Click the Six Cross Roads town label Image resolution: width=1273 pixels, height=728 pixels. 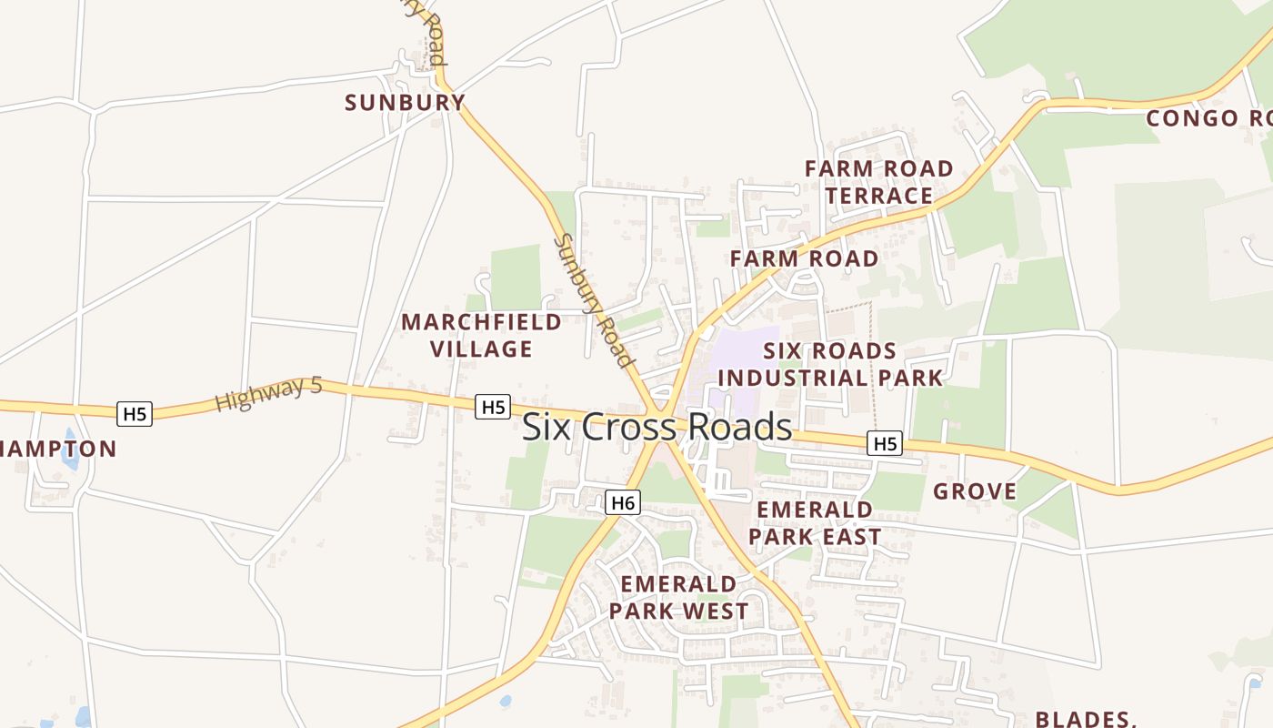point(657,427)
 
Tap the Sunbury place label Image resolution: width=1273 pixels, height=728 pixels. point(405,102)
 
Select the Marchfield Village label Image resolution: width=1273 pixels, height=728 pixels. point(481,335)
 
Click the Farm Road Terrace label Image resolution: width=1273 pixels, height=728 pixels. point(878,182)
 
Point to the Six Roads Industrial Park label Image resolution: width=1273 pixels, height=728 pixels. point(829,364)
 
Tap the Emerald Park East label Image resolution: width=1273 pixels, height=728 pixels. point(814,522)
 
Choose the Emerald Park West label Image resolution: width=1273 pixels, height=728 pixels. point(678,597)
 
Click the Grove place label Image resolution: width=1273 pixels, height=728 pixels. point(975,491)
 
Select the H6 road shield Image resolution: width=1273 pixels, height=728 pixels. point(623,502)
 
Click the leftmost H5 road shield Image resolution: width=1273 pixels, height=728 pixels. point(135,414)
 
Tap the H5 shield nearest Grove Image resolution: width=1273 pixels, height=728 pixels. point(884,443)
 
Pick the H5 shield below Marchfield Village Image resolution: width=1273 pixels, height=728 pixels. point(493,407)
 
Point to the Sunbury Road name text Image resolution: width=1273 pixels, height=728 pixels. point(594,300)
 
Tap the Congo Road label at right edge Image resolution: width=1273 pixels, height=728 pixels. point(1208,118)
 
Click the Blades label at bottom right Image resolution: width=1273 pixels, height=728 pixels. point(1086,718)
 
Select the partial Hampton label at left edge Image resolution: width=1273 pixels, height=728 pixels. point(58,449)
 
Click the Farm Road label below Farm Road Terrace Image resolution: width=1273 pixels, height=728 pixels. point(804,258)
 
